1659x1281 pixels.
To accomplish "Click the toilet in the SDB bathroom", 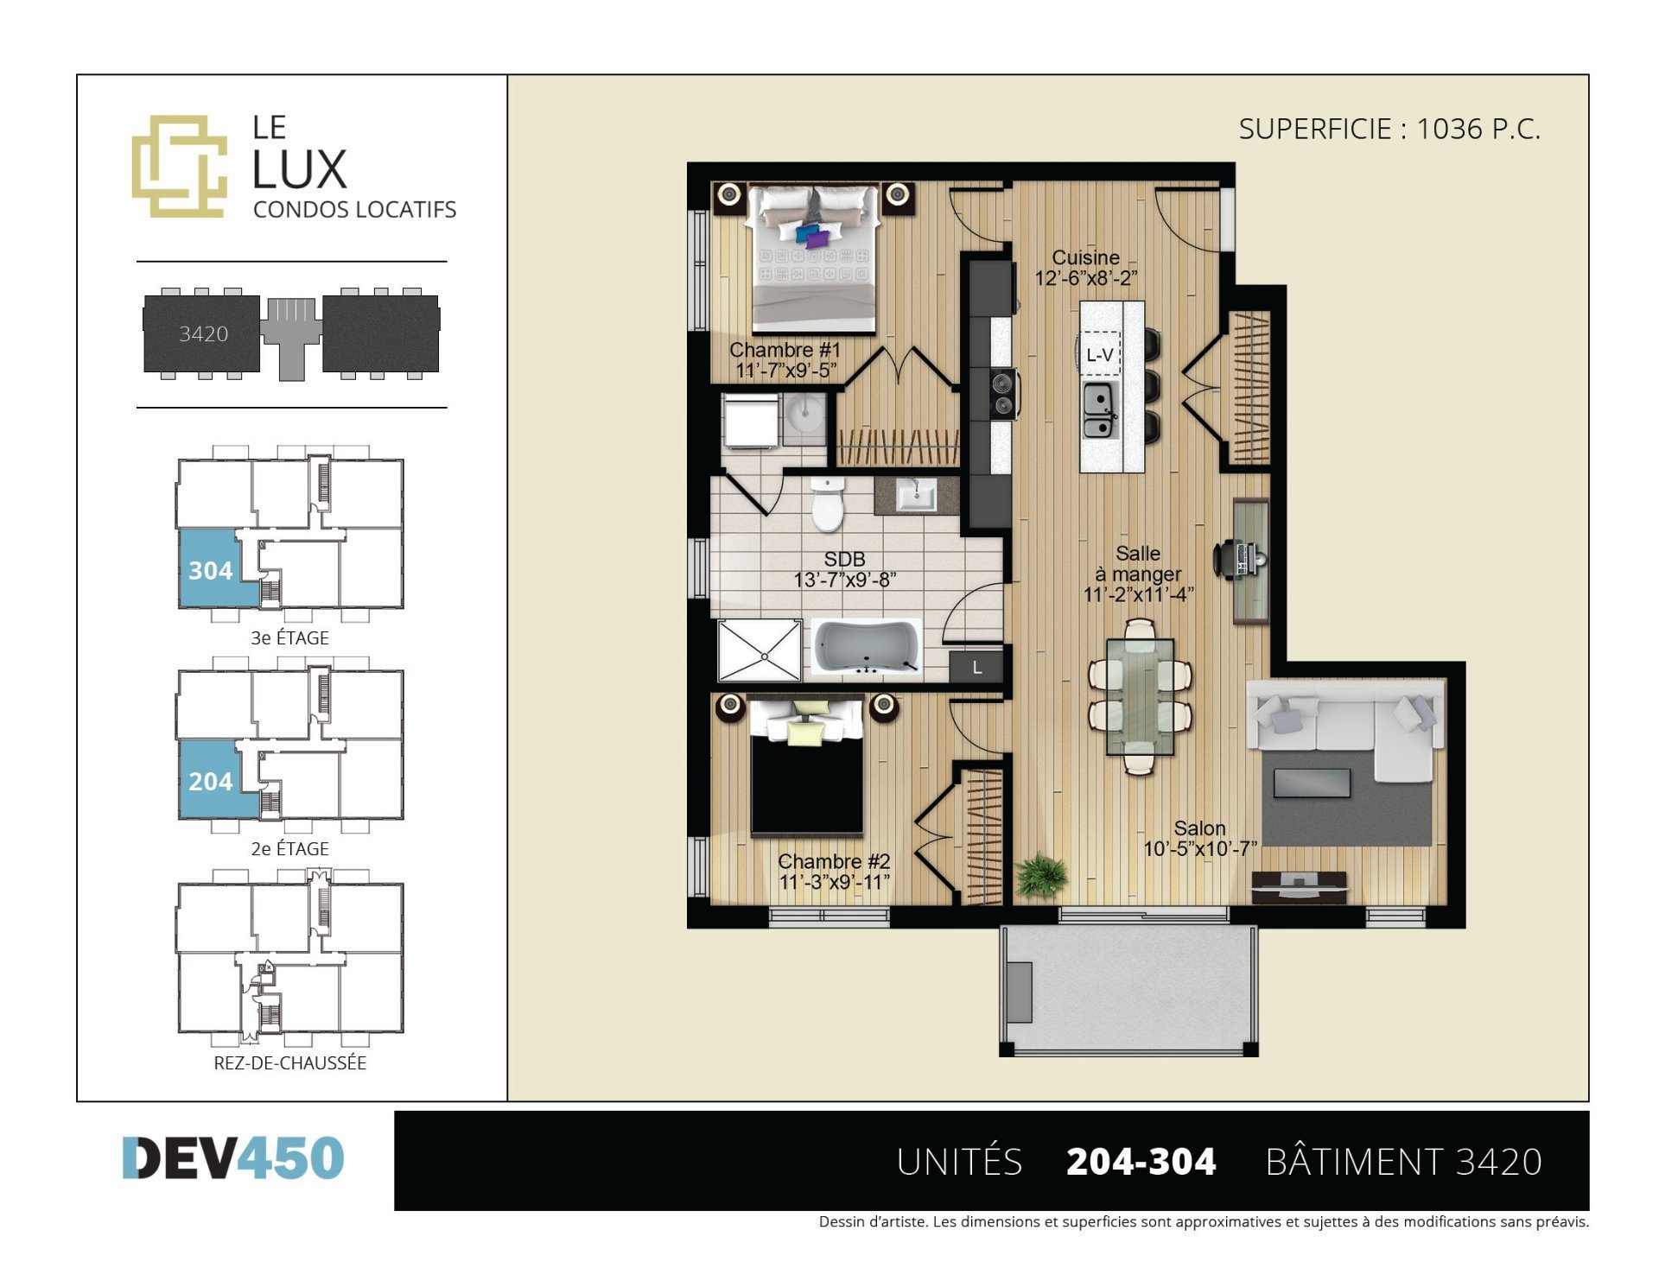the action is [827, 504].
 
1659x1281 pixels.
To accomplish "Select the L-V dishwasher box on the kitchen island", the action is [1100, 354].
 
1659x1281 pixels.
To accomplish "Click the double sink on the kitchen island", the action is [1100, 410].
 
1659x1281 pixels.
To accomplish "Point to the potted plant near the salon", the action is [1041, 875].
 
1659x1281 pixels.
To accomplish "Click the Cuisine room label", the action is [1085, 257].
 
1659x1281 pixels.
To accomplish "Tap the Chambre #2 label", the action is [834, 861].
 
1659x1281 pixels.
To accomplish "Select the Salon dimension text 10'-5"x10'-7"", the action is [1200, 849].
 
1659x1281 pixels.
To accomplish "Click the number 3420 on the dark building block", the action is [204, 333].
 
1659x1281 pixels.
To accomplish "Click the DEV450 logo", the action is [233, 1157].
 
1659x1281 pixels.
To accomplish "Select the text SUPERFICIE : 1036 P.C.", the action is [1389, 129].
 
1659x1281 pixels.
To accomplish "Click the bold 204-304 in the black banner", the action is [1141, 1162].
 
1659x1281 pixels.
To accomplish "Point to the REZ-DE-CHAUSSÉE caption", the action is [290, 1062].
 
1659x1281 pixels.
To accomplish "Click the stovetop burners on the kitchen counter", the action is [1002, 393].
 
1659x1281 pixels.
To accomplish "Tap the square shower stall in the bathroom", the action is [760, 650].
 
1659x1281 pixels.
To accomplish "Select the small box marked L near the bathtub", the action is [976, 667].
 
